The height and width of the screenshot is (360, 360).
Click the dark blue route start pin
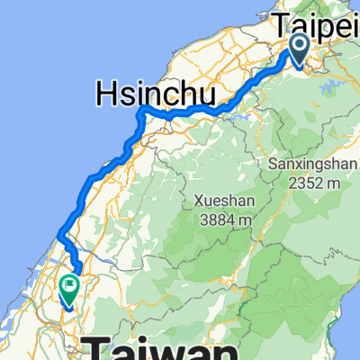301,48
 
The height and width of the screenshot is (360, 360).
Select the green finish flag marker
69,288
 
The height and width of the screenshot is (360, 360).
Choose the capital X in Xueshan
196,200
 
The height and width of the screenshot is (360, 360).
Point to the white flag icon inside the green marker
69,286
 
